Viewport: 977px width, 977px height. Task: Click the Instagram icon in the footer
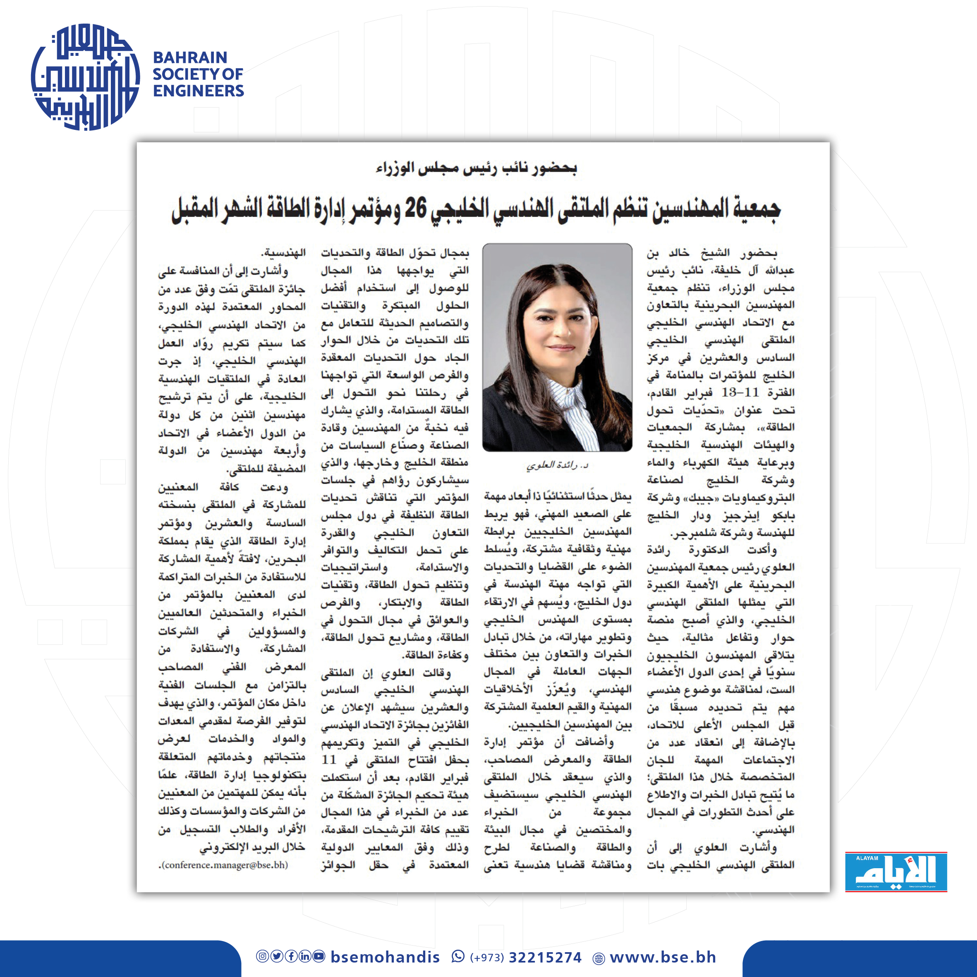(x=262, y=956)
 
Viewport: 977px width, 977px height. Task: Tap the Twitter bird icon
(x=276, y=956)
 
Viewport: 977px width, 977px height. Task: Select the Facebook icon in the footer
(x=291, y=956)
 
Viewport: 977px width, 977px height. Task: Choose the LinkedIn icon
(x=305, y=956)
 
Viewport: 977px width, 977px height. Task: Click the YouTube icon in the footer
(x=319, y=956)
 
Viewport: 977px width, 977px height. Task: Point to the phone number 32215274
(x=545, y=957)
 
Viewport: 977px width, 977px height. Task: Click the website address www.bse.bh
(x=663, y=957)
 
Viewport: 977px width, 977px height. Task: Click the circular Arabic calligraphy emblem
(x=85, y=77)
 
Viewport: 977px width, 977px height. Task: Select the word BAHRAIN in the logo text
(x=190, y=57)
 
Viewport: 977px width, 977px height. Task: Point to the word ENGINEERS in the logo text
(x=198, y=91)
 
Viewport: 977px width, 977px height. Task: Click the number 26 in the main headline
(x=415, y=208)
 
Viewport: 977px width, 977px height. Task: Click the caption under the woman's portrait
(x=557, y=465)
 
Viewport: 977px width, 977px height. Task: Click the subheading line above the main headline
(x=476, y=168)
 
